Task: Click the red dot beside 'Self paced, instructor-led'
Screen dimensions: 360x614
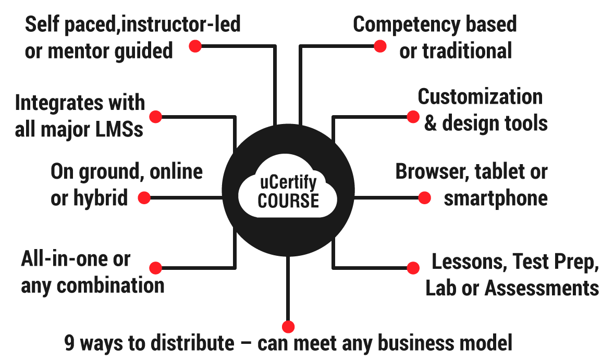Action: pyautogui.click(x=195, y=46)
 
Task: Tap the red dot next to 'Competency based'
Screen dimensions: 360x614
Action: pyautogui.click(x=380, y=46)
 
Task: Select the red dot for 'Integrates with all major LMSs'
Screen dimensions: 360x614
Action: pyautogui.click(x=156, y=116)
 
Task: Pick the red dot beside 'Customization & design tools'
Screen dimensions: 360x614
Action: pyautogui.click(x=412, y=116)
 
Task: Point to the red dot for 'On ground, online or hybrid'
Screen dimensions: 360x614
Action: pyautogui.click(x=144, y=197)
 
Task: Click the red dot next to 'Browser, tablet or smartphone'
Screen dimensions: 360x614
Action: pyautogui.click(x=425, y=197)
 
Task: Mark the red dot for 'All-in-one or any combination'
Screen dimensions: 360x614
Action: pyautogui.click(x=155, y=268)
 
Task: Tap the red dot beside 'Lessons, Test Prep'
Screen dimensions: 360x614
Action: pyautogui.click(x=413, y=268)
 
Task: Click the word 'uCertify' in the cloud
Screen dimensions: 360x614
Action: pyautogui.click(x=288, y=183)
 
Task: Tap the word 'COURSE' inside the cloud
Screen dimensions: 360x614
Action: pyautogui.click(x=288, y=201)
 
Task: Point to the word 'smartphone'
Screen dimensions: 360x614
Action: pyautogui.click(x=495, y=198)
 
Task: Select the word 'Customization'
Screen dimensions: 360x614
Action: pyautogui.click(x=480, y=96)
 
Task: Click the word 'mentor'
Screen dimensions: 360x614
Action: pyautogui.click(x=83, y=51)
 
